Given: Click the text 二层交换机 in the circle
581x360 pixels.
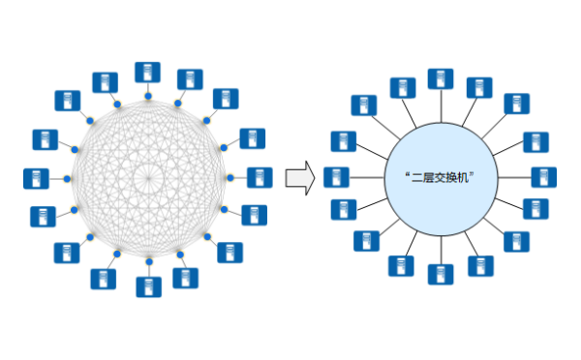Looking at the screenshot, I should pos(442,178).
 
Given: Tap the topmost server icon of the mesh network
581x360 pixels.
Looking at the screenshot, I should pos(147,72).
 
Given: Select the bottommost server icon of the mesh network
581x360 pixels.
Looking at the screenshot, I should pos(148,286).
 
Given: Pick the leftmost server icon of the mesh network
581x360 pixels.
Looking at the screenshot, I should pos(36,178).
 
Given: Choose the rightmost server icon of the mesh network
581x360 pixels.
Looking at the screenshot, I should pos(259,178).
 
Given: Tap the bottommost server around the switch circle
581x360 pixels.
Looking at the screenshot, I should pos(441,274).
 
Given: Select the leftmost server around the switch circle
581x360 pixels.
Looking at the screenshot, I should pos(336,177).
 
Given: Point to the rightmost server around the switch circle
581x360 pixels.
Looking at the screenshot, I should pos(544,177).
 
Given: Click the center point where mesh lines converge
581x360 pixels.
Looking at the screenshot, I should pos(148,178).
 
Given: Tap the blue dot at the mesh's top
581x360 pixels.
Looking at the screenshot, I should pos(147,96).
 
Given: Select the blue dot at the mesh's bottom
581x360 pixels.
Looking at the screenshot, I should pos(148,262).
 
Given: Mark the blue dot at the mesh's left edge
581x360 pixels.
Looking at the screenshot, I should pos(67,179).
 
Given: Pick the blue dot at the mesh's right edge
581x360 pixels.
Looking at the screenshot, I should pos(229,178).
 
